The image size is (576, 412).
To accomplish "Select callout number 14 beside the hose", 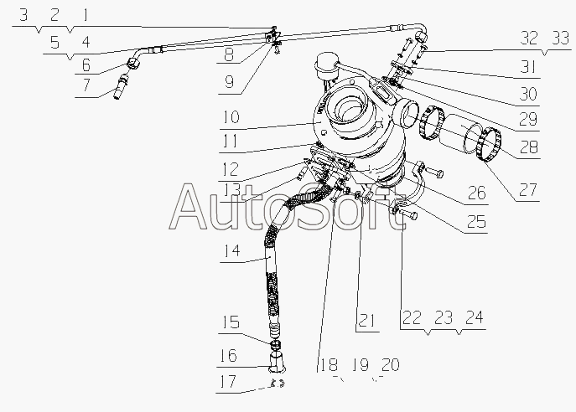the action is (x=231, y=249).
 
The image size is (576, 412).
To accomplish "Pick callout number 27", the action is (x=527, y=189).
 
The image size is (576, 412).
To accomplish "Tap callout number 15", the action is (x=230, y=322).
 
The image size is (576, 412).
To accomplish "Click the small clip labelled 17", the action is (x=279, y=385).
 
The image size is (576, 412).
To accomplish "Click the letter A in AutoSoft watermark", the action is (x=189, y=209).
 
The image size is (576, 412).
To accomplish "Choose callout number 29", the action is (x=527, y=116).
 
